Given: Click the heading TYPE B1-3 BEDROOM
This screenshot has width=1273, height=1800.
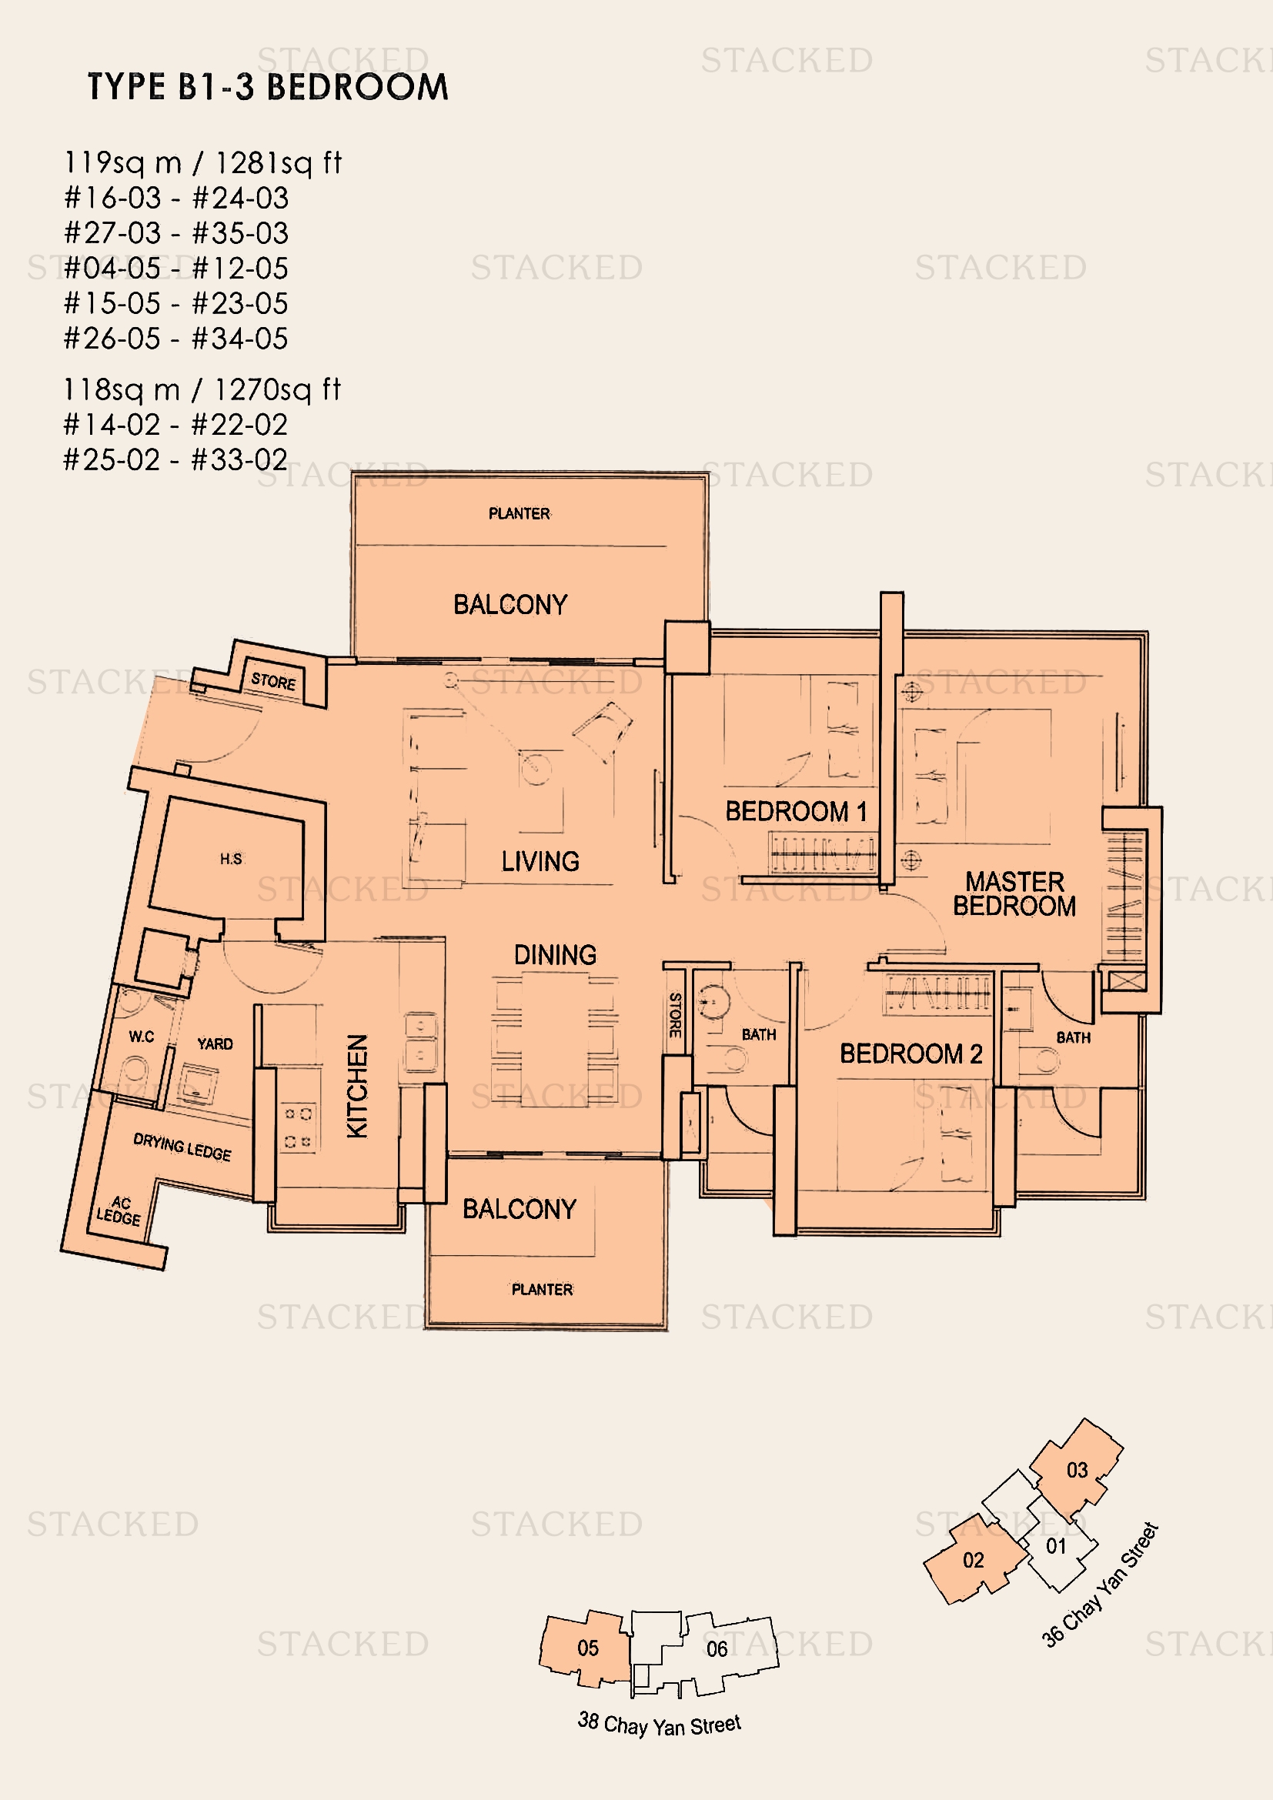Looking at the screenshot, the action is coord(267,86).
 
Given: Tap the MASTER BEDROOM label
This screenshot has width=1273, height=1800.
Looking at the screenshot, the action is coord(1014,893).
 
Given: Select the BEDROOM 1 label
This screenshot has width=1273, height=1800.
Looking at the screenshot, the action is coord(797,811).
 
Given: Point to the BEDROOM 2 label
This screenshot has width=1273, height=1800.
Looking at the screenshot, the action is coord(910,1054).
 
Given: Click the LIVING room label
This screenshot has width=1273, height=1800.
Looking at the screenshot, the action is coord(540,862).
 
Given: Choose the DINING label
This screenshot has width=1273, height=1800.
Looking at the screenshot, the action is coord(555,955).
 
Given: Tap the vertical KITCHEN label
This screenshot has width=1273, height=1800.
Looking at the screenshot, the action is coord(357,1086).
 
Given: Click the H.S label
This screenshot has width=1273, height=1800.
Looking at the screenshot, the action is coord(231,860).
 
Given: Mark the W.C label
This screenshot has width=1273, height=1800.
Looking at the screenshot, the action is coord(142,1037).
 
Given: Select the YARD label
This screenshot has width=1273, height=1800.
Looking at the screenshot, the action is coord(215,1044).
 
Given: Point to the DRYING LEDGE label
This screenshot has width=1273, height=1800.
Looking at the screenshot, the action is coord(182,1147).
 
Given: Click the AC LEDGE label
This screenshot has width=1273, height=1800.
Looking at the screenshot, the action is coord(119,1211).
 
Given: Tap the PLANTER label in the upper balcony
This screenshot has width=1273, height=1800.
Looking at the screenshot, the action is coord(519,513).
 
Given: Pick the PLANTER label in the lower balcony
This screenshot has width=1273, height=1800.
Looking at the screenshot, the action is coord(542,1290).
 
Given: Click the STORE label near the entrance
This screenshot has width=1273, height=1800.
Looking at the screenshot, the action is coord(273,681).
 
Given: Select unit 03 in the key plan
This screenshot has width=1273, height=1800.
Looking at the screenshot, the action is coord(1077,1470).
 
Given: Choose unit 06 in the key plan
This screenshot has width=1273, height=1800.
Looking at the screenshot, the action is coord(717,1648).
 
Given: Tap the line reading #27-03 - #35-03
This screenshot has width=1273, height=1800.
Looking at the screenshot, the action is coord(176,233).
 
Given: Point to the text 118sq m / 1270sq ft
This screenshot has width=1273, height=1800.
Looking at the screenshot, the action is coord(202,389).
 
